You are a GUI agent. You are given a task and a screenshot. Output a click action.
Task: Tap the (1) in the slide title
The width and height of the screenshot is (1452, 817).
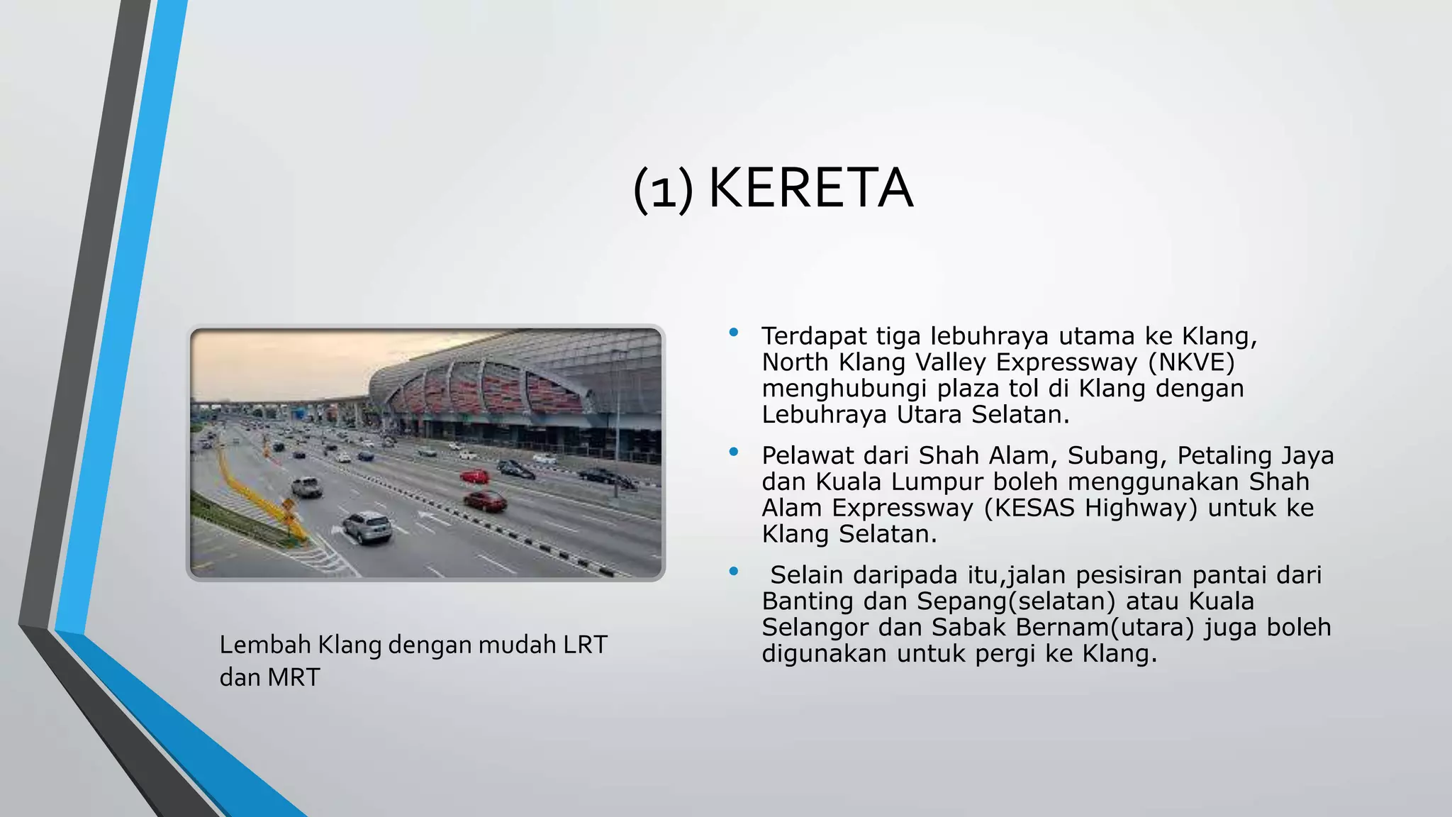(x=663, y=190)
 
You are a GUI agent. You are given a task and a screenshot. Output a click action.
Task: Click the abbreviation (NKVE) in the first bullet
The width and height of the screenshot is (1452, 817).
(x=1192, y=362)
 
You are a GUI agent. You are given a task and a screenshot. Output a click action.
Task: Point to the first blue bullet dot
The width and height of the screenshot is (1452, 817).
(x=734, y=332)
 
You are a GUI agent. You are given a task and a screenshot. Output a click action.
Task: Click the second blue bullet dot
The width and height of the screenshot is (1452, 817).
(x=734, y=451)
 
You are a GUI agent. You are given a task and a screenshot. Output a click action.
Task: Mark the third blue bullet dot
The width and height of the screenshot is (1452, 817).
(x=734, y=570)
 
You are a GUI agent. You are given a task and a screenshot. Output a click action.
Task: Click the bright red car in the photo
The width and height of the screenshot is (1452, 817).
(x=474, y=476)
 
